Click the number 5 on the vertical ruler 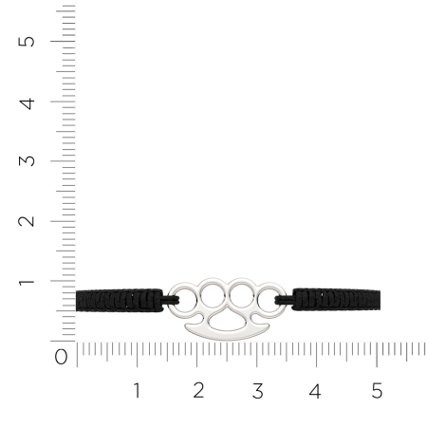click(27, 42)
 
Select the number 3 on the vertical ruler click(27, 161)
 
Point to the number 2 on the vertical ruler click(27, 221)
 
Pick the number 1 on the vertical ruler click(27, 282)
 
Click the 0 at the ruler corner click(61, 357)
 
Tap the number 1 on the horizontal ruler click(137, 390)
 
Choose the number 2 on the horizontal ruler click(198, 390)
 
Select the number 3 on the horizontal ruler click(258, 391)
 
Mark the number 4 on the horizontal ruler click(315, 391)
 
